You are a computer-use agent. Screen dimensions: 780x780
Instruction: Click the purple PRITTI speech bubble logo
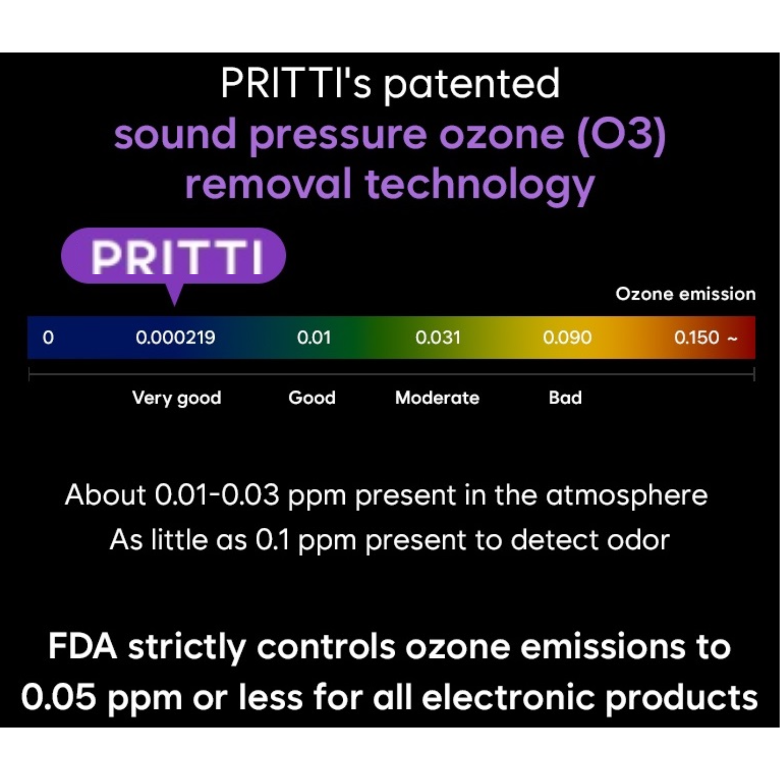[173, 257]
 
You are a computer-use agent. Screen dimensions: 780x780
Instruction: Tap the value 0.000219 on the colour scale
[175, 338]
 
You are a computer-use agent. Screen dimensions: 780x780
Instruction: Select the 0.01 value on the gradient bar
[314, 338]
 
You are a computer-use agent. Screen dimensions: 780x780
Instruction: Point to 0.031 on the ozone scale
[438, 338]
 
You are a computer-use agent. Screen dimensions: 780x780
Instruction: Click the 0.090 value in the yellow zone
[567, 338]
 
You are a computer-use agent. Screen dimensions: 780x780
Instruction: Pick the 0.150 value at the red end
[697, 338]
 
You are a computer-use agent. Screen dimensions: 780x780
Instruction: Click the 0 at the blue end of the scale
[48, 338]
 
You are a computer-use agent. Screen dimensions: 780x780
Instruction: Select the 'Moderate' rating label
[437, 398]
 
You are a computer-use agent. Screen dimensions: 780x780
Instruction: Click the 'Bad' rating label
[565, 398]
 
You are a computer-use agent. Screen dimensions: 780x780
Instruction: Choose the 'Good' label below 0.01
[312, 398]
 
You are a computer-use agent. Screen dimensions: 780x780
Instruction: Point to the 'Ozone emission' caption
[685, 294]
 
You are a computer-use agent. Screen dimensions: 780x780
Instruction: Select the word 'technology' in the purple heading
[479, 185]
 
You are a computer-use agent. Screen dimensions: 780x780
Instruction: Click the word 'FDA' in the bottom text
[83, 646]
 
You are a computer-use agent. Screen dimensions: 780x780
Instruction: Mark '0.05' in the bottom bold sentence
[58, 697]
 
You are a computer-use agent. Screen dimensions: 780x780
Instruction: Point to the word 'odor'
[638, 539]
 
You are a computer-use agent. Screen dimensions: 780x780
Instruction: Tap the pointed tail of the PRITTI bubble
[174, 305]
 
